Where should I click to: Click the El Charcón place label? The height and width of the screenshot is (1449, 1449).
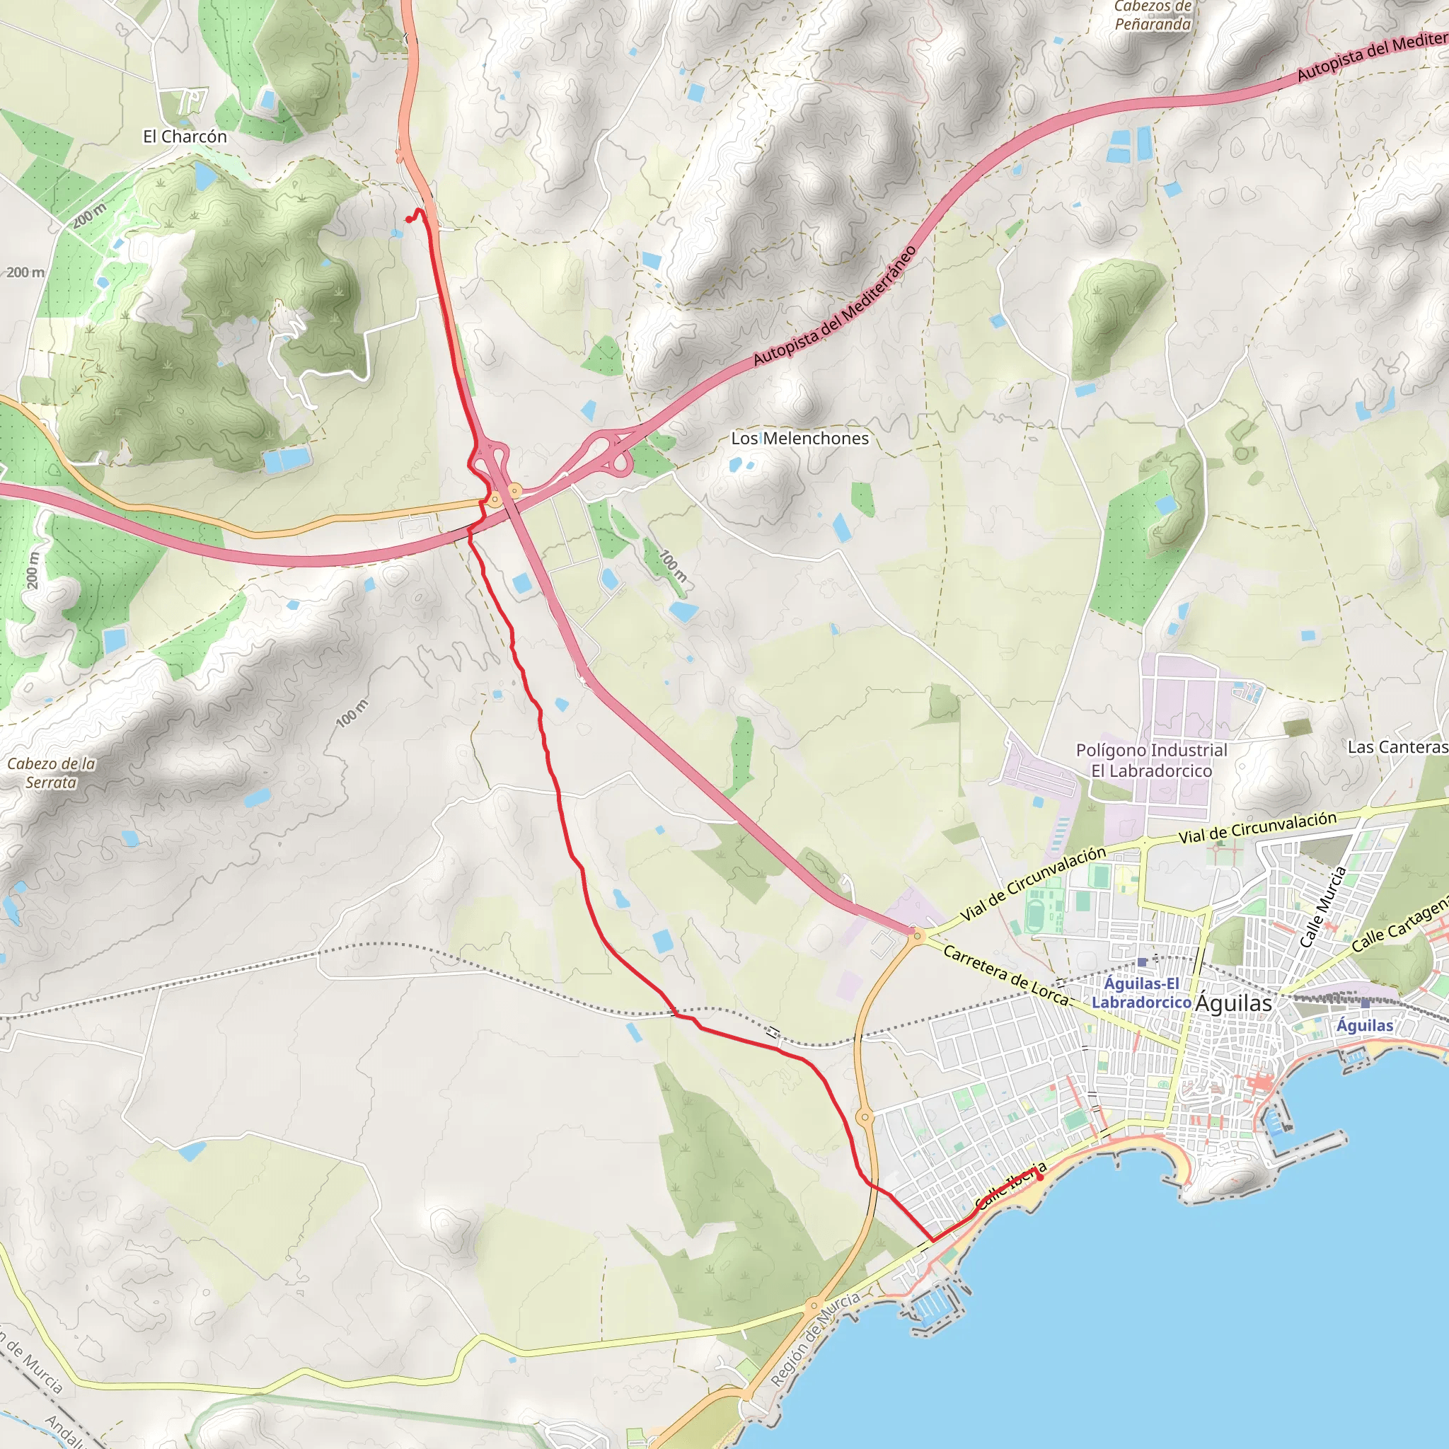[x=185, y=137]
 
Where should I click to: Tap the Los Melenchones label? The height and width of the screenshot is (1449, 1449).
[x=799, y=438]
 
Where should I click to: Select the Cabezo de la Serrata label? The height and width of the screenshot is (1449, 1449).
[x=51, y=773]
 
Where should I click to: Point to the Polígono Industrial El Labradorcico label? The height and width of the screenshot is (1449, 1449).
[x=1151, y=761]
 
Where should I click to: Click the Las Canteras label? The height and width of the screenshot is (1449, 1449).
[x=1397, y=747]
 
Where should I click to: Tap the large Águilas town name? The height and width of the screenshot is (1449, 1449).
[x=1234, y=1003]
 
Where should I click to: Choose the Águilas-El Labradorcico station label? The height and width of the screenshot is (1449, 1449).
[x=1141, y=993]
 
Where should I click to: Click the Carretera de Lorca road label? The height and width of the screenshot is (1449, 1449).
[x=1005, y=975]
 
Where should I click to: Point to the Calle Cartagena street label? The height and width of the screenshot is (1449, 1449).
[x=1401, y=924]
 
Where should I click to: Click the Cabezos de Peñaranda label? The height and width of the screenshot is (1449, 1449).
[x=1153, y=16]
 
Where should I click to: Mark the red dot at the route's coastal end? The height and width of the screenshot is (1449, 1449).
[x=1039, y=1177]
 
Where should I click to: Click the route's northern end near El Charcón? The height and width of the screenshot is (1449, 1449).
[x=408, y=220]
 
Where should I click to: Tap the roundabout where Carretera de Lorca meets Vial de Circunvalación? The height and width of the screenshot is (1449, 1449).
[x=917, y=936]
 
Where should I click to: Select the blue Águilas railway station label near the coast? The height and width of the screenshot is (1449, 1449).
[x=1365, y=1025]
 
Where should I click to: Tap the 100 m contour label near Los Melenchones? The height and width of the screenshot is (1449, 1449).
[x=673, y=566]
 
